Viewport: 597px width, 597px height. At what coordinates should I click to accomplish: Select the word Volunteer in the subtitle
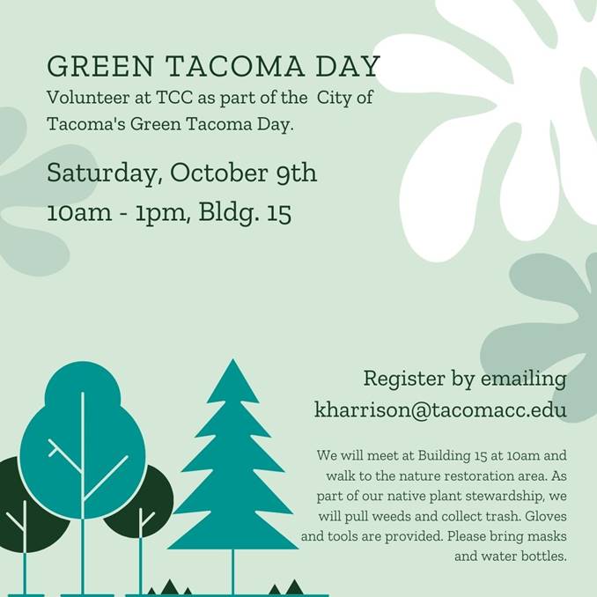(x=88, y=98)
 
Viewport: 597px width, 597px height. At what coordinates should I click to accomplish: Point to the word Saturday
(x=101, y=173)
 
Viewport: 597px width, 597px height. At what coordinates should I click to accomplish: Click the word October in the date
(x=219, y=173)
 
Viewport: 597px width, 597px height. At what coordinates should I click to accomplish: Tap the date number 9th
(x=297, y=173)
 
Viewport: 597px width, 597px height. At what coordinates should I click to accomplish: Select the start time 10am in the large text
(x=79, y=212)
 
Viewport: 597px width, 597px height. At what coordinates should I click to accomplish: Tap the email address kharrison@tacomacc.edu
(x=440, y=409)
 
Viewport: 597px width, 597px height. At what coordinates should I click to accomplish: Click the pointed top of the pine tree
(x=232, y=359)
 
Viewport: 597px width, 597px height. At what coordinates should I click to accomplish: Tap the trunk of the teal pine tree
(x=232, y=571)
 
